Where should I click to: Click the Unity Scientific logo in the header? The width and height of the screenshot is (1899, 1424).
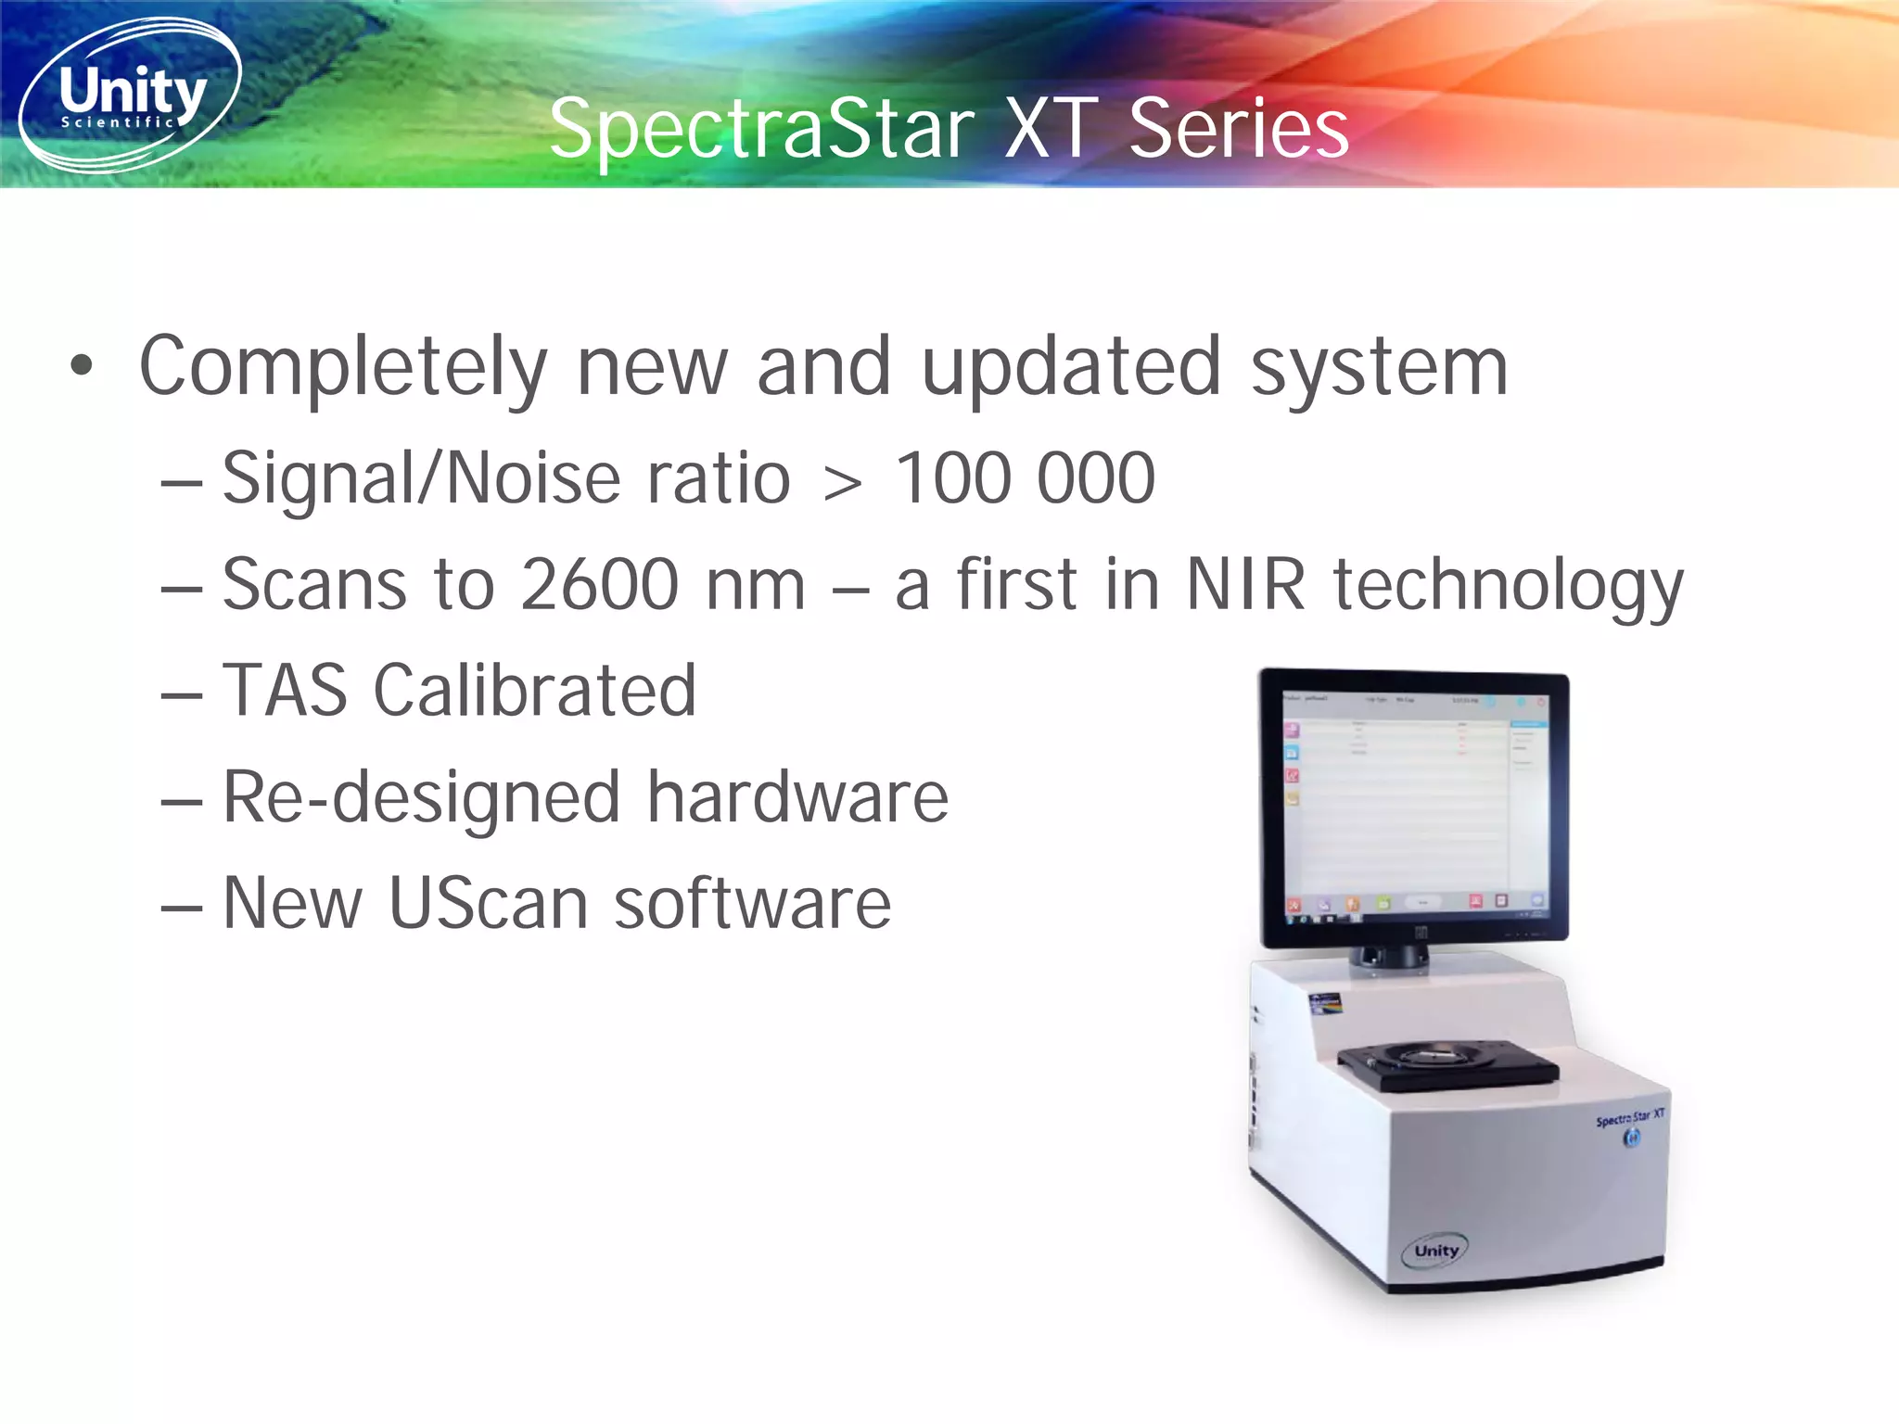130,95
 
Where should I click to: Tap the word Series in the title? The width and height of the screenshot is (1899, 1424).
1238,130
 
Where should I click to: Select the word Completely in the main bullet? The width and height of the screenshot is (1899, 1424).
343,369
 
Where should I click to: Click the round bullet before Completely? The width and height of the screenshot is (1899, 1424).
82,365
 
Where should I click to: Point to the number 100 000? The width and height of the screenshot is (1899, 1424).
1025,479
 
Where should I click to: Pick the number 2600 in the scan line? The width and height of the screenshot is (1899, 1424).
600,586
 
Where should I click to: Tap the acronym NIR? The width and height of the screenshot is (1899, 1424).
1246,586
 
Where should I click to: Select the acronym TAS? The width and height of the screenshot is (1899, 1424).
285,692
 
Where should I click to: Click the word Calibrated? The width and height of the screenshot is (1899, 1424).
534,692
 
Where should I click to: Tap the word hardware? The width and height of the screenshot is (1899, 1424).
797,797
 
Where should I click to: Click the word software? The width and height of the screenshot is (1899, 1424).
752,904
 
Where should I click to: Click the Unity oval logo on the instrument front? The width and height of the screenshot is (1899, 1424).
1436,1251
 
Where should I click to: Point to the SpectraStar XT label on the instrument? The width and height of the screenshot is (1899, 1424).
1629,1118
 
